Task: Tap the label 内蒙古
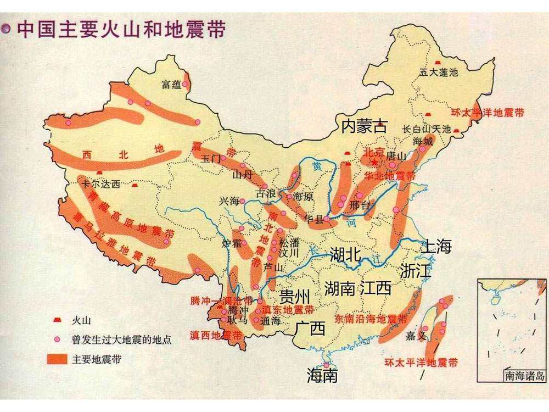[x=364, y=126]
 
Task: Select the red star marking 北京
[x=374, y=163]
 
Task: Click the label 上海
[x=436, y=247]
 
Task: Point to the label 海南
[x=322, y=376]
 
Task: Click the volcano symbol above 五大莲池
[x=438, y=64]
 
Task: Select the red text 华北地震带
[x=390, y=176]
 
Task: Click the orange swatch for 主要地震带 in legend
[x=57, y=360]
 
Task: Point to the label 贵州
[x=295, y=297]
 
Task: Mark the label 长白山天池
[x=426, y=130]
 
